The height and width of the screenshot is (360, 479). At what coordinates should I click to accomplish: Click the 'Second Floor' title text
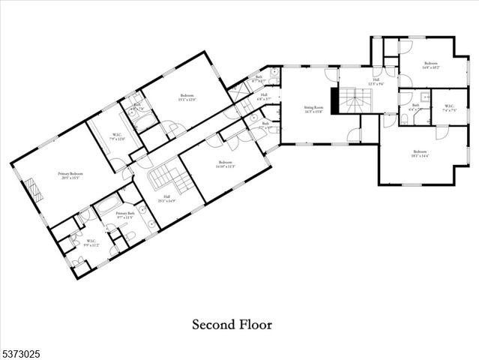[x=232, y=325]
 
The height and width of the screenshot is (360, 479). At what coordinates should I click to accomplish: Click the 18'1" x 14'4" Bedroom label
[x=418, y=155]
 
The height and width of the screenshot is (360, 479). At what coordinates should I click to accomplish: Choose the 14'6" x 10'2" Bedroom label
[x=430, y=65]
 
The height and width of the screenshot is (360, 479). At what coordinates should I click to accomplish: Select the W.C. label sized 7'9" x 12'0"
[x=116, y=136]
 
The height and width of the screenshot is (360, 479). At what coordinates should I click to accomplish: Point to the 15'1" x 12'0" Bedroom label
[x=187, y=97]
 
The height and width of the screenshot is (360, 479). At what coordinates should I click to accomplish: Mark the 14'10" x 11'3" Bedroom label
[x=226, y=165]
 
